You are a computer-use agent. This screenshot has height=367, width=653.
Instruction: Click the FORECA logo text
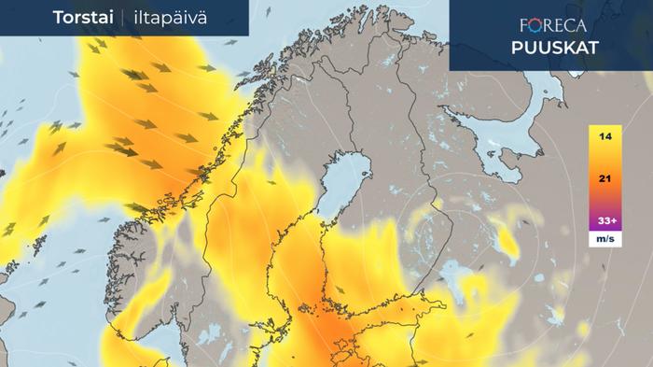pyautogui.click(x=552, y=26)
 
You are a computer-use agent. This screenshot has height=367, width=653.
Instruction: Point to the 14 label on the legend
pyautogui.click(x=605, y=137)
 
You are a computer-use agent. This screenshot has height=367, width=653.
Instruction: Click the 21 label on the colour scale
pyautogui.click(x=605, y=179)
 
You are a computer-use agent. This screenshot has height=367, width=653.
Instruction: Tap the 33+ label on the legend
pyautogui.click(x=605, y=221)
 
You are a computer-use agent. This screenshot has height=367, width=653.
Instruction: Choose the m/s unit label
pyautogui.click(x=605, y=240)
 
